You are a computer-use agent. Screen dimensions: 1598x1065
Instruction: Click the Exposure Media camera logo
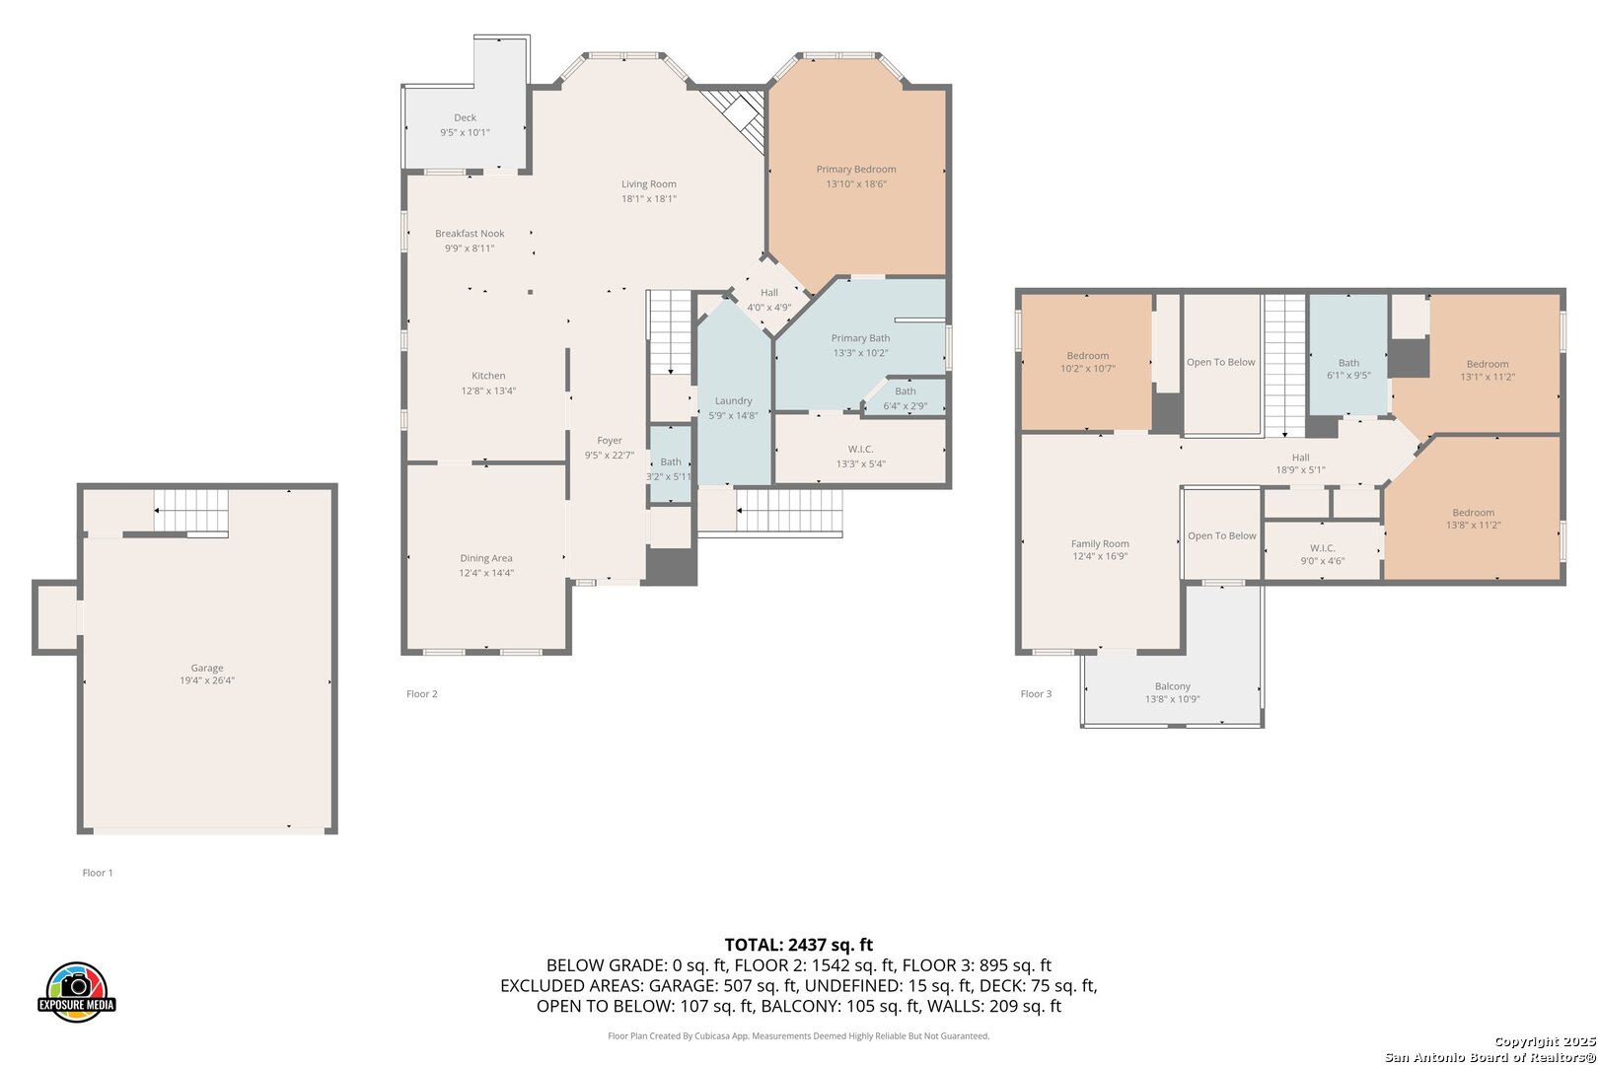76,991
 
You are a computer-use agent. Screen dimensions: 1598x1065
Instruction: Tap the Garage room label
207,668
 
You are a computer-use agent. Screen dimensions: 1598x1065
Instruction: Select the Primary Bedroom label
856,169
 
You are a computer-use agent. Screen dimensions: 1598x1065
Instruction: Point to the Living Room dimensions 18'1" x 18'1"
648,199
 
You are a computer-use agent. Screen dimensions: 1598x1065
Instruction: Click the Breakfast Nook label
470,234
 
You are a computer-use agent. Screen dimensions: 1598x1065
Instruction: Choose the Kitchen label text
488,376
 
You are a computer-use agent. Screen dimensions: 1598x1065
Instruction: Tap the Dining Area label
486,558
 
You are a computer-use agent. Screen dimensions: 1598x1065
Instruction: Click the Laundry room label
733,401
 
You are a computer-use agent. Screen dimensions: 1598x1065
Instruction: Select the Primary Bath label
860,338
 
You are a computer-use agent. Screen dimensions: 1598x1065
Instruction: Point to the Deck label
466,117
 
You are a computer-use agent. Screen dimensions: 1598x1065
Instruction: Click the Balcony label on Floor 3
1173,686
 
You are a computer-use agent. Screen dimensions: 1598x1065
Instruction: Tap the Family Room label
1100,543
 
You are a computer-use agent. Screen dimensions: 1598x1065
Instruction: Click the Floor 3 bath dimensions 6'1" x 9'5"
1348,375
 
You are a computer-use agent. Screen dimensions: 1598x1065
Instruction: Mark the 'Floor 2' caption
421,693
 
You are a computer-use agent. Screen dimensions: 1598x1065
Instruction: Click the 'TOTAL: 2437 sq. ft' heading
799,945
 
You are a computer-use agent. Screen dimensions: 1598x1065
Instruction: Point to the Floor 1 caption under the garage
98,873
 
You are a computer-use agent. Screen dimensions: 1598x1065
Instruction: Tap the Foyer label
610,441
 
